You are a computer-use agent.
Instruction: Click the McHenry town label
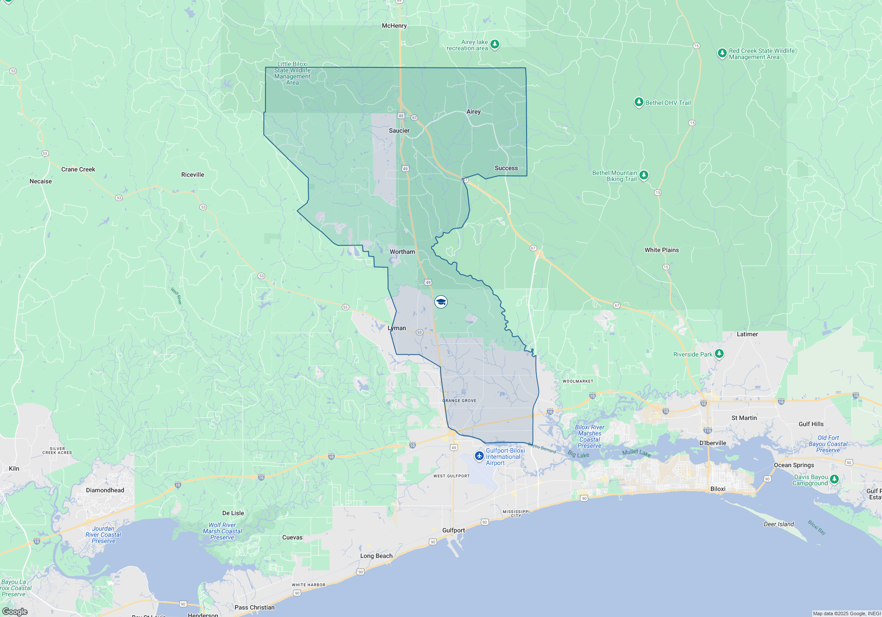pos(394,26)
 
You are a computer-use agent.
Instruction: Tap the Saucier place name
pos(399,131)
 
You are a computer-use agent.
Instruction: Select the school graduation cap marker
pos(441,302)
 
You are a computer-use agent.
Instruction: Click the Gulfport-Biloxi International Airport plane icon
pos(479,456)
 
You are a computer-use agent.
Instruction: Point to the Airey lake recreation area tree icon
pos(495,44)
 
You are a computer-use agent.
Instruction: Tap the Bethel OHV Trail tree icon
pos(639,102)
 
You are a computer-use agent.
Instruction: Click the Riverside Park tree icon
pos(719,353)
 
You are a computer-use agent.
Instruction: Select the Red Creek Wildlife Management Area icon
pos(722,53)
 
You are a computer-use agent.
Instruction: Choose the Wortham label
pos(402,252)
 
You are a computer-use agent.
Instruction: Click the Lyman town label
pos(397,328)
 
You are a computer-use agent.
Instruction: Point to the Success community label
pos(506,168)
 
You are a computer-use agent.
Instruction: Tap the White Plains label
pos(661,250)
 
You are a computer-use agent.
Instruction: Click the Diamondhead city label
pos(105,491)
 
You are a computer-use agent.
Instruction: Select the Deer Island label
pos(778,524)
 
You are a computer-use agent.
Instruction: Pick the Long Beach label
pos(376,556)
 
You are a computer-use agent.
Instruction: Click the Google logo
pos(15,612)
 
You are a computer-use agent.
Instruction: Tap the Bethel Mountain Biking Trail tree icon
pos(644,175)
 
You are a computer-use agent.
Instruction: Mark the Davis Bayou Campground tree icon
pos(834,479)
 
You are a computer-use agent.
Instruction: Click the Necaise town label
pos(41,182)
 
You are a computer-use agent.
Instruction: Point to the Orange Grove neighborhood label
pos(459,401)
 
